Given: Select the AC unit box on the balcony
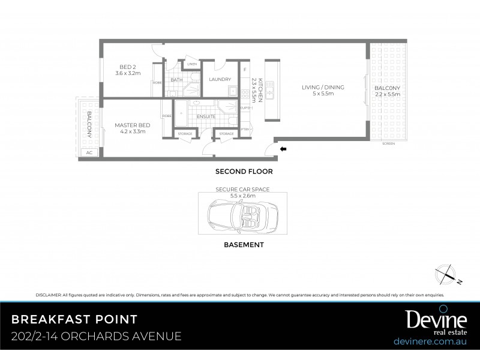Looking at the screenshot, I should pos(89,152).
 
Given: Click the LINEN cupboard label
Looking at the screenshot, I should pos(191,64).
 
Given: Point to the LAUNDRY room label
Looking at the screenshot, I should pos(219,79).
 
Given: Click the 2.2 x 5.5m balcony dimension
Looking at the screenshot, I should pos(387,95).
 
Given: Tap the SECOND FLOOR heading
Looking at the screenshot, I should pos(244,172).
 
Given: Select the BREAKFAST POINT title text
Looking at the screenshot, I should pos(74,318).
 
